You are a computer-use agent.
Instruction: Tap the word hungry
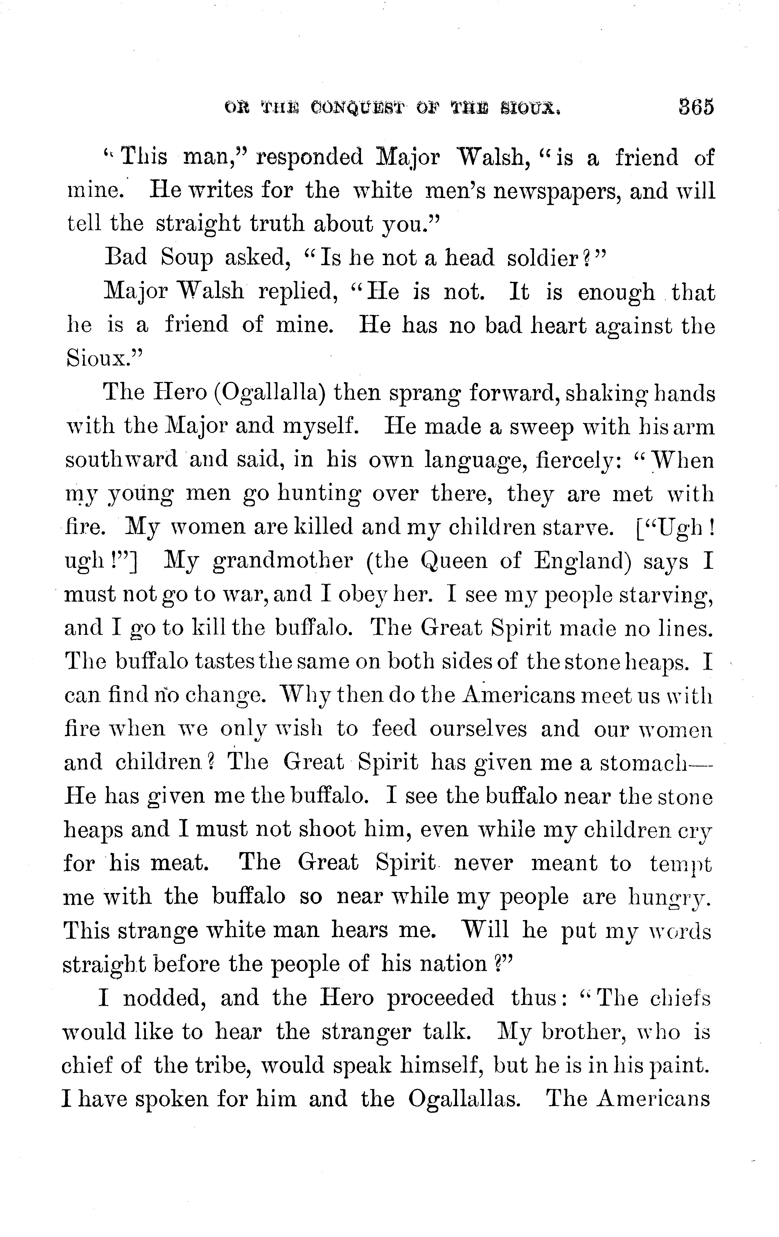pyautogui.click(x=669, y=898)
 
